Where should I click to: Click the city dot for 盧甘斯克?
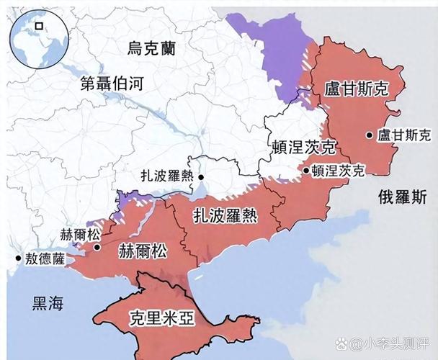pyautogui.click(x=370, y=135)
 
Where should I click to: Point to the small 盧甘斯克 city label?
pyautogui.click(x=404, y=135)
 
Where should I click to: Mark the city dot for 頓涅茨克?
pyautogui.click(x=306, y=171)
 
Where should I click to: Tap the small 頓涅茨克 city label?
pyautogui.click(x=338, y=171)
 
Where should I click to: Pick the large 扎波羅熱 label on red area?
pyautogui.click(x=224, y=214)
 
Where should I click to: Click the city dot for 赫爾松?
pyautogui.click(x=96, y=246)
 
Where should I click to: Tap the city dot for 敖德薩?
pyautogui.click(x=17, y=257)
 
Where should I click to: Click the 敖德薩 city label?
pyautogui.click(x=45, y=257)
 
